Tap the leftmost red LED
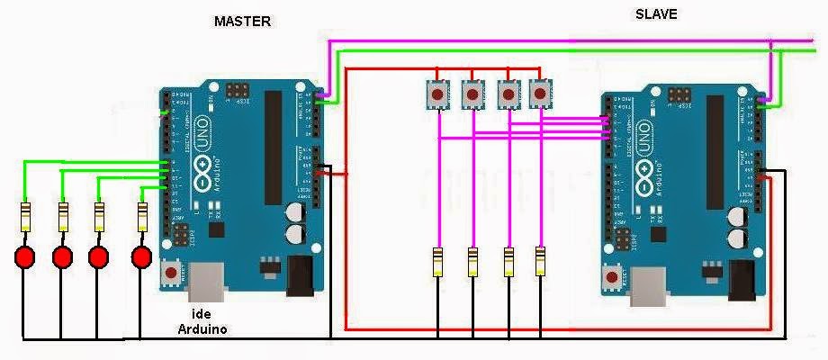24,257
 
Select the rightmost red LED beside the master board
140,257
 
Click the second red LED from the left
62,257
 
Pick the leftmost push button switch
437,93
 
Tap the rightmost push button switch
540,92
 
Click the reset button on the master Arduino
171,273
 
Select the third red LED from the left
99,257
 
